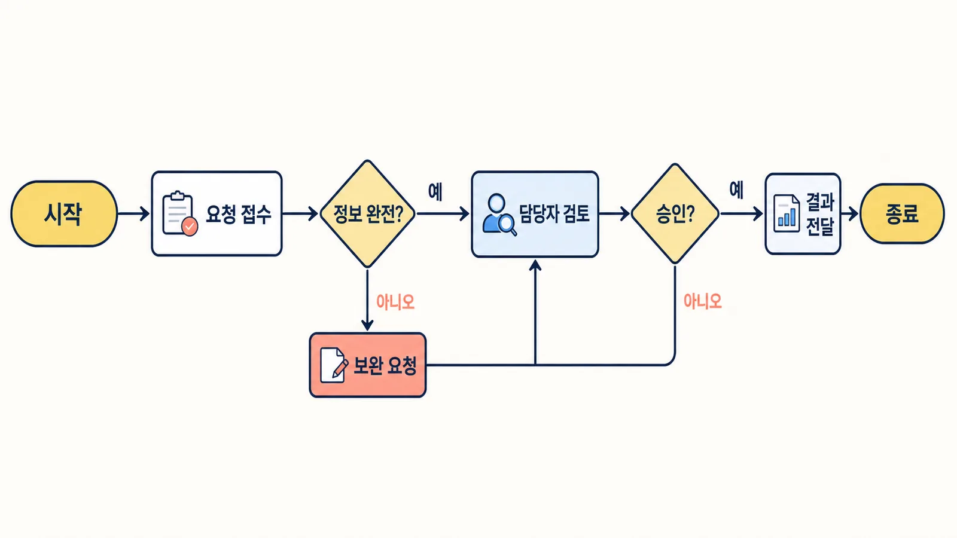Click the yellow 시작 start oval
[x=64, y=213]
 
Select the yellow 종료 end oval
[x=902, y=213]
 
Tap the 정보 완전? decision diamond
[x=367, y=213]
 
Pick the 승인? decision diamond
[x=675, y=213]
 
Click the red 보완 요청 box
[x=368, y=365]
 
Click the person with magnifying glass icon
[x=499, y=215]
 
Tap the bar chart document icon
[x=787, y=213]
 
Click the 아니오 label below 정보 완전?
[x=395, y=302]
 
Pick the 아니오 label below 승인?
[x=703, y=301]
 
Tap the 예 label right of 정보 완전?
[x=435, y=191]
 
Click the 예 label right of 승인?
[x=736, y=190]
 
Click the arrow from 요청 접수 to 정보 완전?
[x=300, y=213]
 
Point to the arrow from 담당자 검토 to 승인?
[x=614, y=213]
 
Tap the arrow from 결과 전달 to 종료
[x=850, y=213]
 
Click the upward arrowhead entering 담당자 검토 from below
[x=535, y=265]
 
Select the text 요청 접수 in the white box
[x=239, y=214]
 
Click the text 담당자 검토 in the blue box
[x=554, y=213]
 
